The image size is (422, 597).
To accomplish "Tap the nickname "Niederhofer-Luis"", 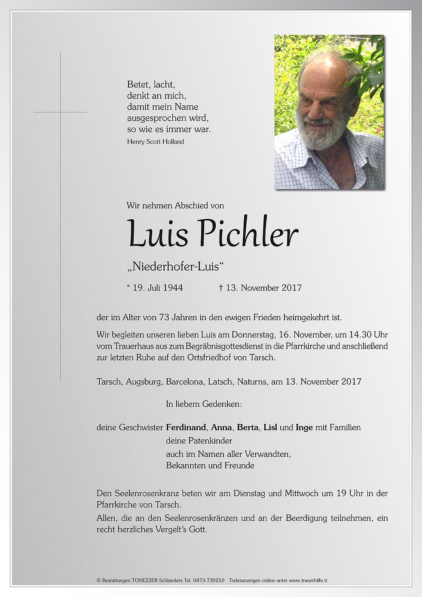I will pos(176,267).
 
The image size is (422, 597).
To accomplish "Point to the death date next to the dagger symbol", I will pos(263,288).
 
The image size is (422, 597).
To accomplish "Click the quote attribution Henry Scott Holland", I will pos(156,142).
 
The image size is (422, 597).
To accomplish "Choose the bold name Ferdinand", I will pos(186,428).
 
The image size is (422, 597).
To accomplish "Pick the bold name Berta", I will pos(248,428).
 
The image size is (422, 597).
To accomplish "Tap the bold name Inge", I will pos(304,428).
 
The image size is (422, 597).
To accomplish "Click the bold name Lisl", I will pos(270,428).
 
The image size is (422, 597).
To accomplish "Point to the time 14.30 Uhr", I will pos(368,335).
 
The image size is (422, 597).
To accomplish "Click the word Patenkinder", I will pos(210,441).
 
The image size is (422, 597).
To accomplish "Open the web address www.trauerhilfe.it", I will pos(308,581).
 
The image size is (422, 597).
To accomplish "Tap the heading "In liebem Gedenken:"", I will pos(204,404).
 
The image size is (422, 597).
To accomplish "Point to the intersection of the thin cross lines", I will pos(60,112).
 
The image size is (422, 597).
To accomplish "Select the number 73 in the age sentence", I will pos(164,318).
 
